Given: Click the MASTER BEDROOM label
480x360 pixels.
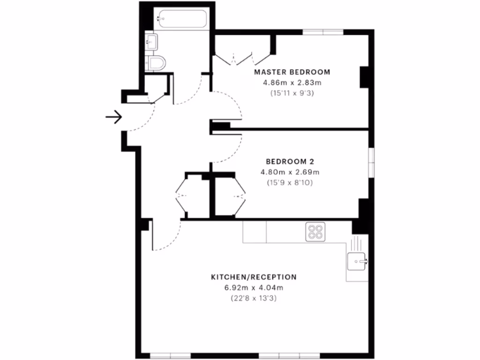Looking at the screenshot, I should click(x=292, y=72).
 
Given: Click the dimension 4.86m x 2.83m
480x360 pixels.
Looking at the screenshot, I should click(x=292, y=82).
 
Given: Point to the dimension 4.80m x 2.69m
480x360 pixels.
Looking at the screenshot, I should click(x=286, y=172).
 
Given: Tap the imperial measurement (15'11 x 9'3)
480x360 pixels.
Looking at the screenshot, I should click(x=292, y=93).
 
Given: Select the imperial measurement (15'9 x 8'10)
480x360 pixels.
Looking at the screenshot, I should click(x=286, y=182).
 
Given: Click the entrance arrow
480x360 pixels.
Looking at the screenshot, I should click(x=113, y=117).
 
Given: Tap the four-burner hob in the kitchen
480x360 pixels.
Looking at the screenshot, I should click(x=316, y=232).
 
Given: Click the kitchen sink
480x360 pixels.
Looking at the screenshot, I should click(x=358, y=261).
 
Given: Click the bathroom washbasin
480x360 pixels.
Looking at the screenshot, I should click(x=151, y=42).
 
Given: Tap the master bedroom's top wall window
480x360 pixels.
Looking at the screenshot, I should click(x=323, y=32).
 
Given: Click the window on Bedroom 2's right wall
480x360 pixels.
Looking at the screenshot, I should click(x=371, y=162).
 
